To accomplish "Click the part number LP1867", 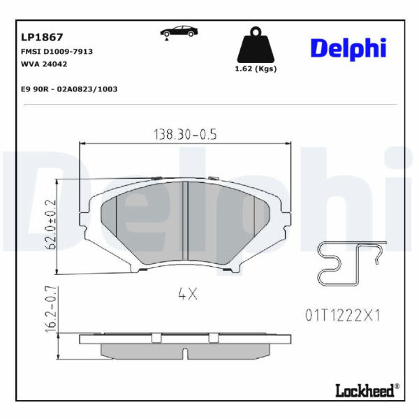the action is click(42, 37).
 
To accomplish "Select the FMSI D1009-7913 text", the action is click(57, 51).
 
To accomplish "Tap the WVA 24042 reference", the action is click(44, 64).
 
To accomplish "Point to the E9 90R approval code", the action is click(69, 89).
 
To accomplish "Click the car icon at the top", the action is click(179, 33).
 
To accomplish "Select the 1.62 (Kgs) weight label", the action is click(256, 69).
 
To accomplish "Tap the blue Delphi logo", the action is click(348, 49).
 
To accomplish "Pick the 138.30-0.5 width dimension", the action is click(185, 134).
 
